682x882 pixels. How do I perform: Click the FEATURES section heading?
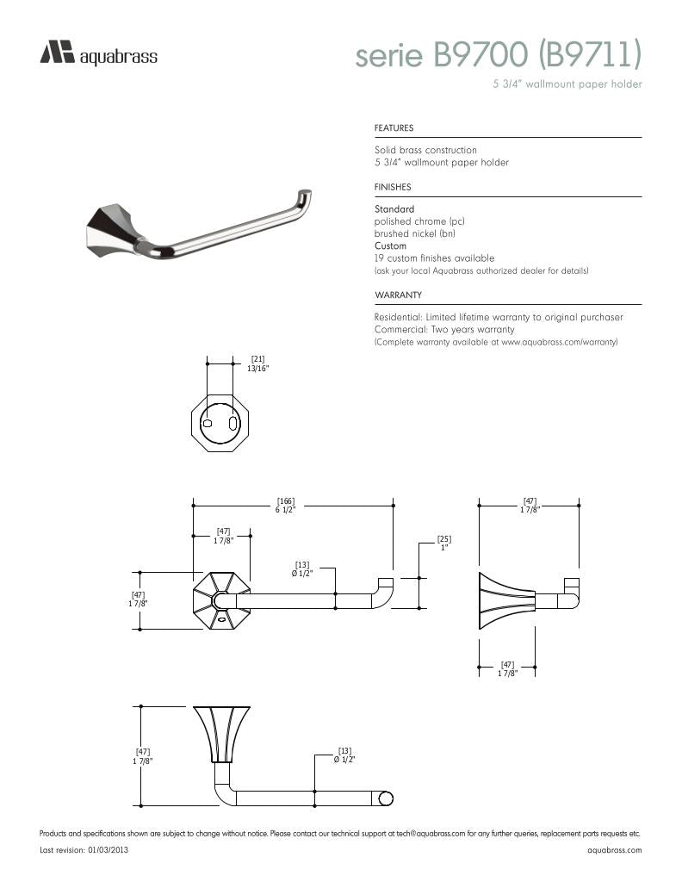tap(394, 128)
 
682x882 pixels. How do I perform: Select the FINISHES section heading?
tap(393, 187)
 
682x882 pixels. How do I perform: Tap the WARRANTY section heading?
tap(397, 295)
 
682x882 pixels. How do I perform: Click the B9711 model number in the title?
tap(591, 55)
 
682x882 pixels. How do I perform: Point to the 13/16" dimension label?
tap(257, 369)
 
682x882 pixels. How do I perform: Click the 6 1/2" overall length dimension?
tap(286, 510)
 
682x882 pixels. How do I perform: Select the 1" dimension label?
tap(444, 547)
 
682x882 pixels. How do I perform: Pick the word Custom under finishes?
tap(390, 246)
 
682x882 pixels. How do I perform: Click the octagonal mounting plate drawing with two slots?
tap(213, 425)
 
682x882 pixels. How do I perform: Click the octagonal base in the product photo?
tap(111, 228)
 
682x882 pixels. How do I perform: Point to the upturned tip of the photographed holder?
tap(305, 196)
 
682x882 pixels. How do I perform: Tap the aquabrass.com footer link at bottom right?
tap(614, 850)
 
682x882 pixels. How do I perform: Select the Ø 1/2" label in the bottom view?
tap(344, 759)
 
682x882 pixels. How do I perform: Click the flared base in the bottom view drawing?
tap(223, 732)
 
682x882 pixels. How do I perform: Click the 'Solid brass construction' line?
tap(425, 150)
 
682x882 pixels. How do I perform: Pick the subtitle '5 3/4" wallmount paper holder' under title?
tap(567, 84)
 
